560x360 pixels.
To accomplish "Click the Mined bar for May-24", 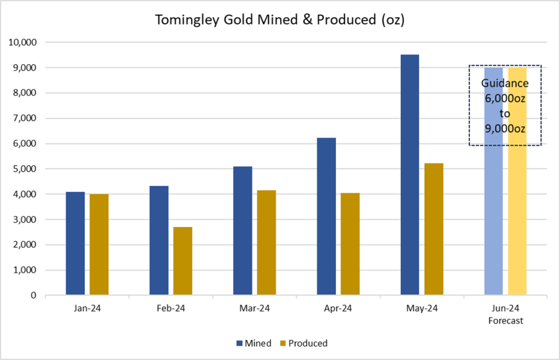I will (410, 175).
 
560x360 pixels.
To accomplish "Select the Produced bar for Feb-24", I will (183, 261).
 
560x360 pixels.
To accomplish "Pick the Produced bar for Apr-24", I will (350, 244).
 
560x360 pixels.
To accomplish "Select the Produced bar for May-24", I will (434, 229).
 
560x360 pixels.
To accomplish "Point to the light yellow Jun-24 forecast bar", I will (517, 219).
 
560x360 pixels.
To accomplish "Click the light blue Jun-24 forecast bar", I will (493, 219).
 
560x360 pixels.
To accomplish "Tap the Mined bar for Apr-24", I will (326, 217).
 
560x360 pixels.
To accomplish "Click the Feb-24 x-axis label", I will (171, 309).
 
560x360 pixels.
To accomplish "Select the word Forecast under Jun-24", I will (505, 321).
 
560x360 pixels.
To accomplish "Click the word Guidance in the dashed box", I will (505, 84).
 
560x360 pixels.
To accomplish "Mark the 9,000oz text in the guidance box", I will (505, 129).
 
